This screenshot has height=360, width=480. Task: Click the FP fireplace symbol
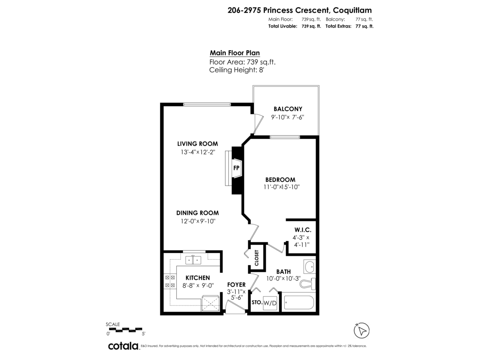237,168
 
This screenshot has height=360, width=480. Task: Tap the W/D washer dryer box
270,303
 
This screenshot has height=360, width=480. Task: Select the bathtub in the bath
299,302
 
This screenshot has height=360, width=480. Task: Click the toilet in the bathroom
308,283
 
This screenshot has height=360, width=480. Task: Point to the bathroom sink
309,266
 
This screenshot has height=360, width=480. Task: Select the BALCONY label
288,109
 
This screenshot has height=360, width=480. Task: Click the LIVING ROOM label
197,144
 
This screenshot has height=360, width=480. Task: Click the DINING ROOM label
198,213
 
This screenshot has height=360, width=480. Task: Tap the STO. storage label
256,303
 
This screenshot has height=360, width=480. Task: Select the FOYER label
236,284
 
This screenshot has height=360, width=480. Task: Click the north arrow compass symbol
362,330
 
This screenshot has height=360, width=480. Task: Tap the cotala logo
123,346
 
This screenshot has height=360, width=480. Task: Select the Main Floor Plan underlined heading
235,53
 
